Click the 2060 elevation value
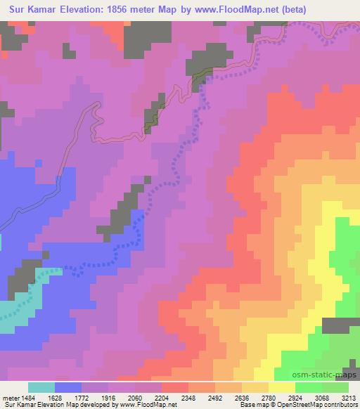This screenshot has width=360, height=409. pyautogui.click(x=146, y=396)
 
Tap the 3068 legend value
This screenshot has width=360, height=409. pyautogui.click(x=332, y=396)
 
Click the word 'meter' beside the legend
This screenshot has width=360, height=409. pyautogui.click(x=11, y=396)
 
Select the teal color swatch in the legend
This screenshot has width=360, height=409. pyautogui.click(x=41, y=387)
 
